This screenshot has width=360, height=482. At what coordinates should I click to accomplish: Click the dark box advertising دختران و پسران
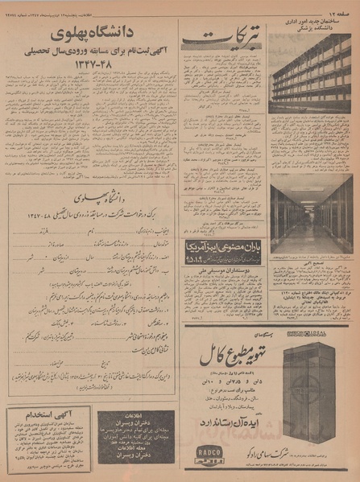[133, 438]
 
